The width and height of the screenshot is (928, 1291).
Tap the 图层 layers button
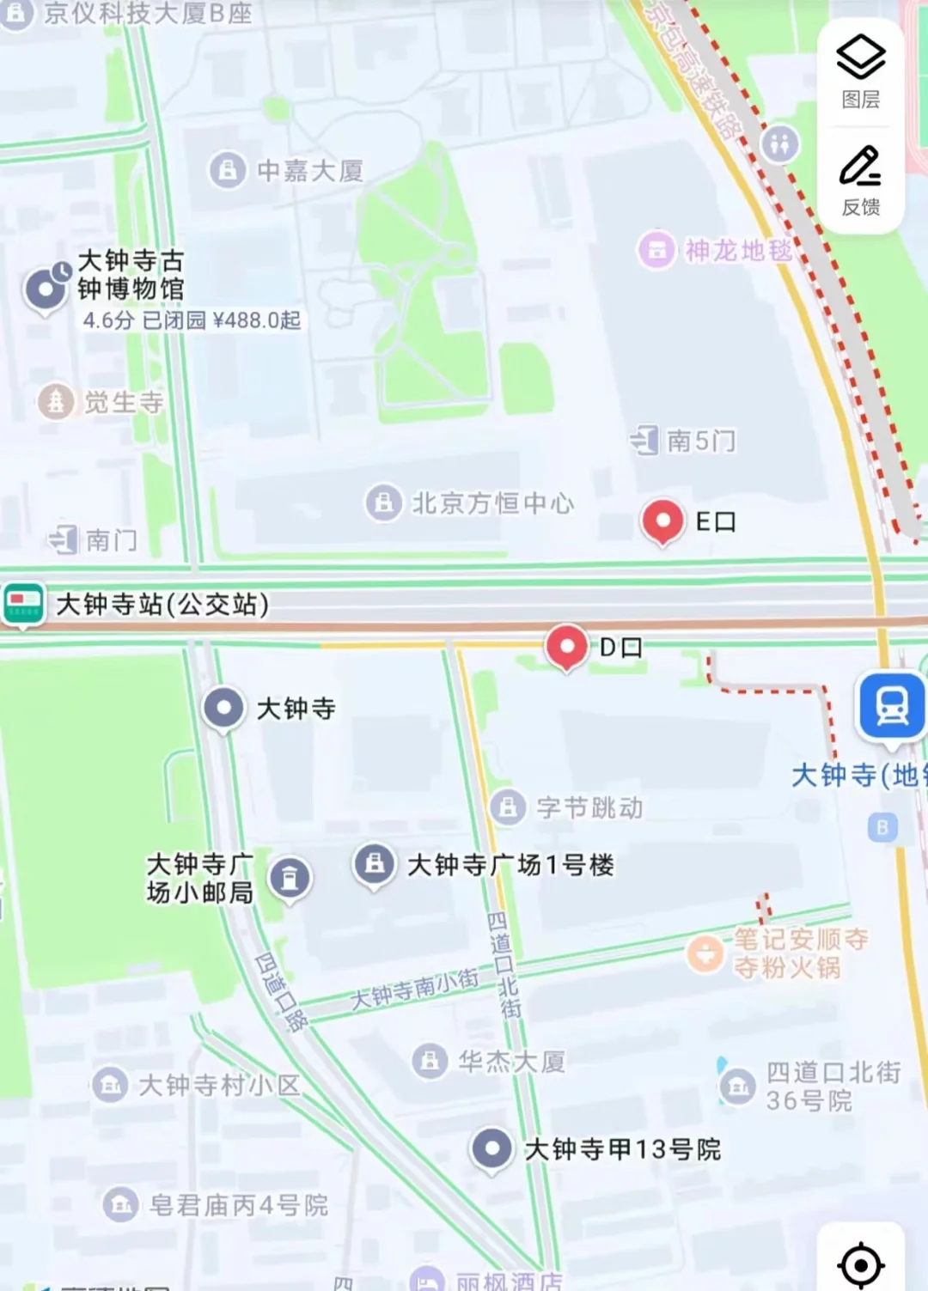(x=860, y=72)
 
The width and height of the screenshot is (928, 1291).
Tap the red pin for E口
(x=662, y=521)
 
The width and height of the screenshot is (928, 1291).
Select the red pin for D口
(x=566, y=646)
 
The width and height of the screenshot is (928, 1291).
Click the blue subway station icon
(x=893, y=707)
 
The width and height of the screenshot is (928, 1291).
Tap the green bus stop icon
(x=23, y=604)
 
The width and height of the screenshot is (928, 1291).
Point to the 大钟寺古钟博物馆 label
(x=131, y=275)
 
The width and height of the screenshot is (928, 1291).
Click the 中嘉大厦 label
(x=309, y=171)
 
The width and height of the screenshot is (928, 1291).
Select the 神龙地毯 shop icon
(x=656, y=251)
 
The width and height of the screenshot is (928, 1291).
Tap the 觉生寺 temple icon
(x=56, y=401)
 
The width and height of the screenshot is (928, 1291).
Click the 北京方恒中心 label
(x=492, y=503)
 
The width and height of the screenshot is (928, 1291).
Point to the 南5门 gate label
(x=700, y=441)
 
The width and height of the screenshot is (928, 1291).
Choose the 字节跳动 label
(x=589, y=807)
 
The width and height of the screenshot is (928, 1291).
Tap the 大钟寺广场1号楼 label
(x=510, y=865)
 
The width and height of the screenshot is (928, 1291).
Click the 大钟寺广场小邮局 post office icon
(x=290, y=878)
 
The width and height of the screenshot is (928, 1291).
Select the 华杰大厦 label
(x=511, y=1063)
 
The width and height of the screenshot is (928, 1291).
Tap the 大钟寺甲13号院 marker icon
(x=492, y=1148)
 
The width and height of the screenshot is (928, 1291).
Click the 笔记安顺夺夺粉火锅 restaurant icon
(x=705, y=953)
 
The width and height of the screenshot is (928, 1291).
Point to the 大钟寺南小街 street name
(x=415, y=990)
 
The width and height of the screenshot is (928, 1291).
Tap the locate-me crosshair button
(x=860, y=1264)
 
